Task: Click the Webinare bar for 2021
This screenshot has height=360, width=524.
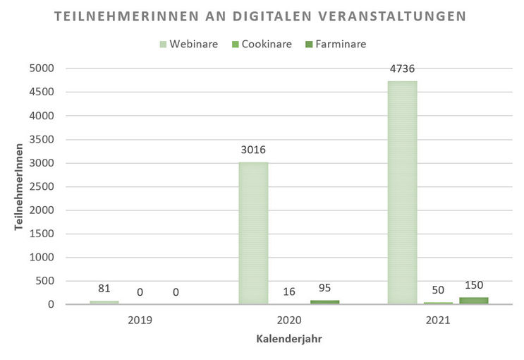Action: [x=402, y=193]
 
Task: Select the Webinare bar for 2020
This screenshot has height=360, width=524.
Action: [x=253, y=233]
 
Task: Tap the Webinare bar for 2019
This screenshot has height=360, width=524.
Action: [x=104, y=302]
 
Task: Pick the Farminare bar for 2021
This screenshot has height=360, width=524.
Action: [x=474, y=301]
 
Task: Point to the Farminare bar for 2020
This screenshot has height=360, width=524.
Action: [x=325, y=302]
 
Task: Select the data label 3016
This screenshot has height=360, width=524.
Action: [x=253, y=150]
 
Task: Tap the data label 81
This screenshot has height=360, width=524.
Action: [x=104, y=288]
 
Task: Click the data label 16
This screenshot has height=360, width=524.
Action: [x=289, y=291]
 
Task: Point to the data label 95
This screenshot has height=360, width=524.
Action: [x=325, y=287]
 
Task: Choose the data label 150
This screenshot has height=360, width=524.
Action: [x=474, y=284]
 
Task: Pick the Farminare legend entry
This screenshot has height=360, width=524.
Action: [x=336, y=44]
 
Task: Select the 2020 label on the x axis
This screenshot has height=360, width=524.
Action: [x=289, y=320]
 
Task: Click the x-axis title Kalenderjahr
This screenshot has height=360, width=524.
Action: [x=289, y=338]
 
